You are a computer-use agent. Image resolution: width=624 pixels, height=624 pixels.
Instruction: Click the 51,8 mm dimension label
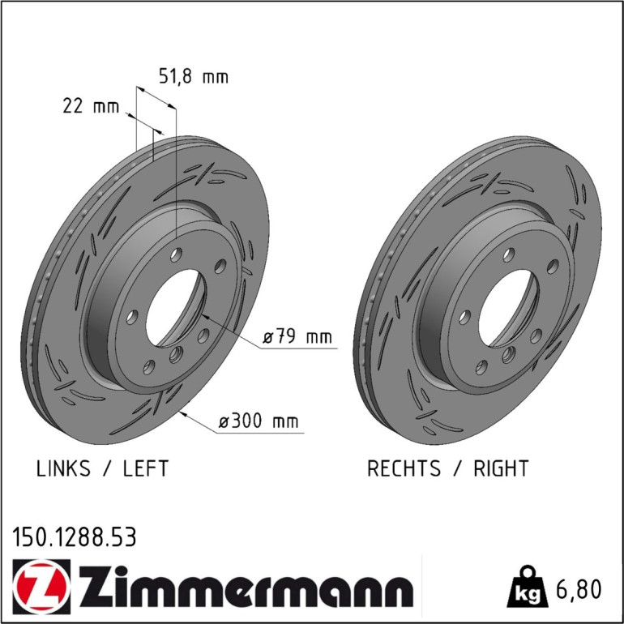pyautogui.click(x=194, y=76)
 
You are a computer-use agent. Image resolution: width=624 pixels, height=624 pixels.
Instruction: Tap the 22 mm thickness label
pyautogui.click(x=91, y=106)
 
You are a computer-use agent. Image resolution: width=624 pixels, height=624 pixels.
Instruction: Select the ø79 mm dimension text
pyautogui.click(x=297, y=336)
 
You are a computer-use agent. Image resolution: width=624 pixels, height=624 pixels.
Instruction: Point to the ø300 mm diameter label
pyautogui.click(x=259, y=421)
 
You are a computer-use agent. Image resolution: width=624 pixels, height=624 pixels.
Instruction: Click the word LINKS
pyautogui.click(x=63, y=468)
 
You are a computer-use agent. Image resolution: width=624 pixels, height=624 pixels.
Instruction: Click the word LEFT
pyautogui.click(x=146, y=468)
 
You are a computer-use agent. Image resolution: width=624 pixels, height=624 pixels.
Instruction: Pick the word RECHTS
pyautogui.click(x=404, y=468)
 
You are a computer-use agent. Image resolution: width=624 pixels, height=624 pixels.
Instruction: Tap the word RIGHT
pyautogui.click(x=501, y=468)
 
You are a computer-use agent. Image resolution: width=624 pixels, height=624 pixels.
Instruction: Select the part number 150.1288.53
pyautogui.click(x=75, y=536)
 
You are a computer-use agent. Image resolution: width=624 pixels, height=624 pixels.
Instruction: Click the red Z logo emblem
pyautogui.click(x=41, y=587)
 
